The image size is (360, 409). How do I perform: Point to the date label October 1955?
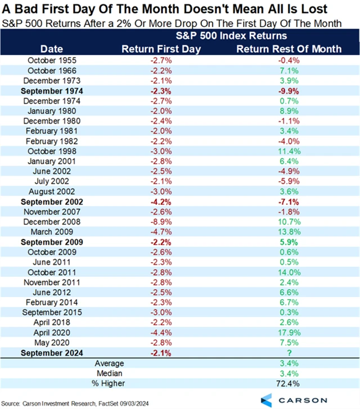pyautogui.click(x=52, y=59)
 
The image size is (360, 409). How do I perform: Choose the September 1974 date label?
pyautogui.click(x=52, y=89)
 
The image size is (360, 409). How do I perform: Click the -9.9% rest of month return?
pyautogui.click(x=289, y=89)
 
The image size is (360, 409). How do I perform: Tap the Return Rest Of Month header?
pyautogui.click(x=289, y=49)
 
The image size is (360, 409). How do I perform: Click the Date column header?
pyautogui.click(x=52, y=49)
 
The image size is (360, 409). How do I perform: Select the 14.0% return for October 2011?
pyautogui.click(x=289, y=272)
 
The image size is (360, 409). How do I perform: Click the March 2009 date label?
pyautogui.click(x=52, y=232)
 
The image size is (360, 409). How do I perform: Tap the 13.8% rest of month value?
pyautogui.click(x=289, y=232)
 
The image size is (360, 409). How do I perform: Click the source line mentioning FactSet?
pyautogui.click(x=84, y=403)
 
